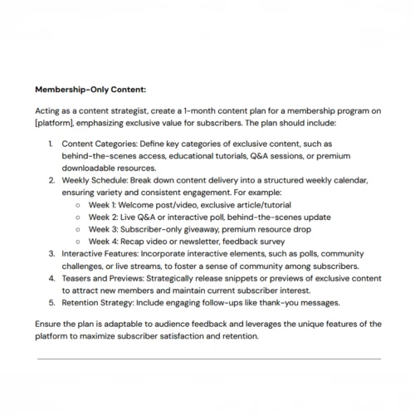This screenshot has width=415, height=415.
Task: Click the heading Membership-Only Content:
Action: (x=89, y=87)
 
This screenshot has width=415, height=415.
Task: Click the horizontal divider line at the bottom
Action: (x=207, y=359)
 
